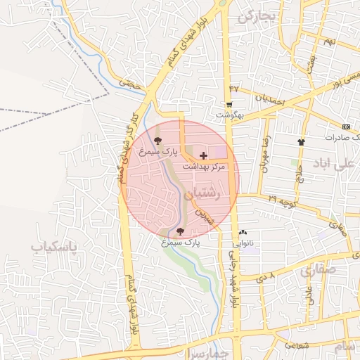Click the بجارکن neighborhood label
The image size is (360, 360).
254,15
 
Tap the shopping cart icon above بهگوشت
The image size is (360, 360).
229,105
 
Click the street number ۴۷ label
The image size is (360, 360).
234,89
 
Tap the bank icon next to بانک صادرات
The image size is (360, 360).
345,127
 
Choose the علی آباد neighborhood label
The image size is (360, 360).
344,163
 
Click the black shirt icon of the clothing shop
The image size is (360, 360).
301,141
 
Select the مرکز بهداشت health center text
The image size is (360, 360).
203,167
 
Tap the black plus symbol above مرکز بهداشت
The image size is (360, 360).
204,155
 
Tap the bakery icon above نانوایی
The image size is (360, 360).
243,232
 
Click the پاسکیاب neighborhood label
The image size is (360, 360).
53,247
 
